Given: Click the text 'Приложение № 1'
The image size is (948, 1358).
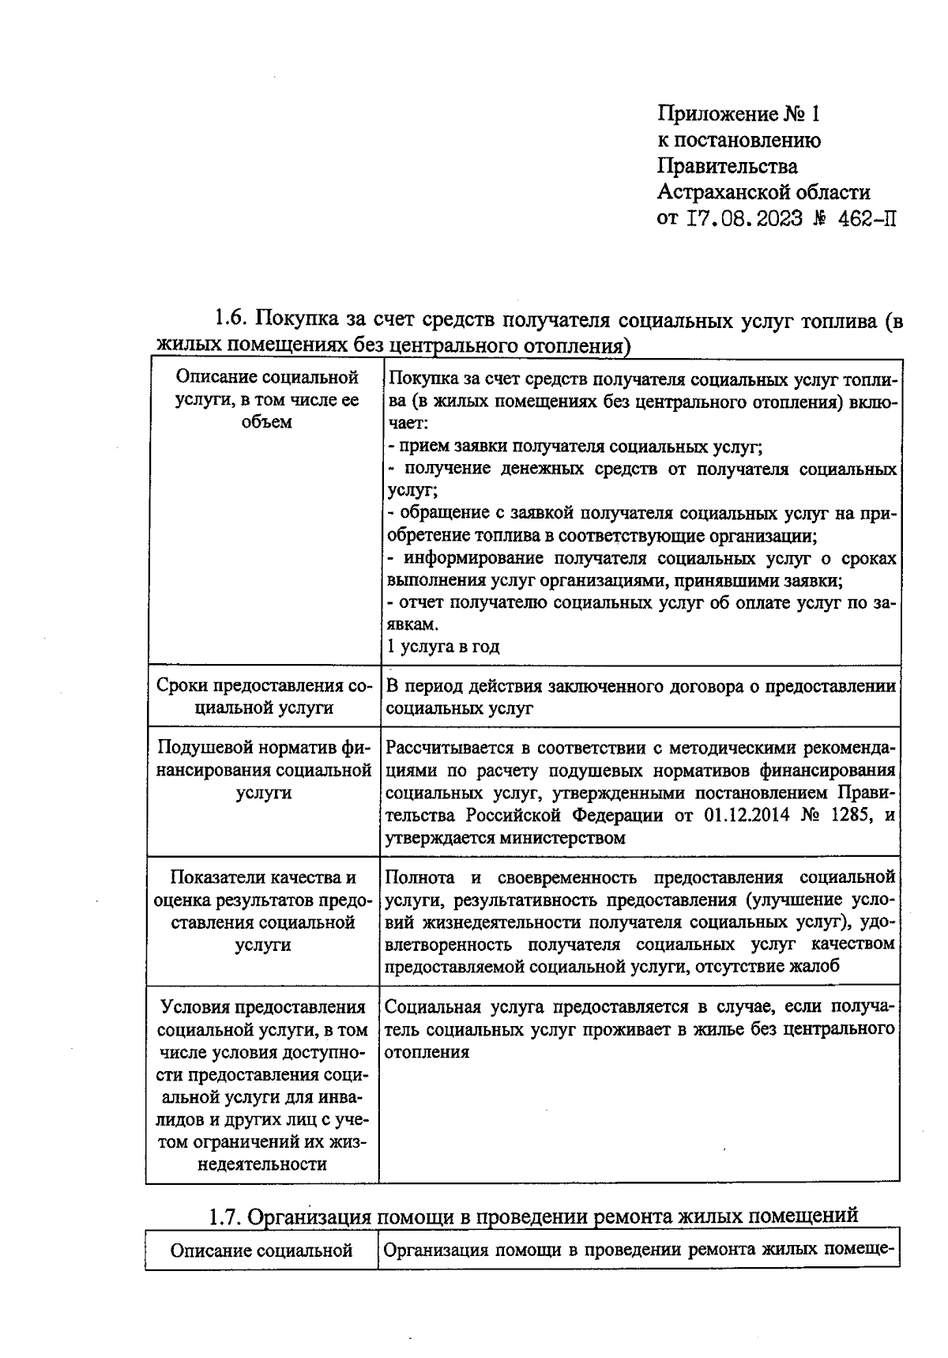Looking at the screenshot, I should coord(739,115).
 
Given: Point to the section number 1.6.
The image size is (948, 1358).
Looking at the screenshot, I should coord(231,322).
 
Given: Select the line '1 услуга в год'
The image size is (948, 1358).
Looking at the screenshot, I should coord(443,647).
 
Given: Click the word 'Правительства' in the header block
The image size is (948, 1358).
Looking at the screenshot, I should coord(727,166).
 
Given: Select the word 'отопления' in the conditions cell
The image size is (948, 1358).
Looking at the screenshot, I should coord(427,1052).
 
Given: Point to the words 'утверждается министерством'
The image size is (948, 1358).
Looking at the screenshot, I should coord(505,838).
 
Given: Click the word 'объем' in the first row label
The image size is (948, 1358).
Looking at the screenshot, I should coord(267,421).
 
